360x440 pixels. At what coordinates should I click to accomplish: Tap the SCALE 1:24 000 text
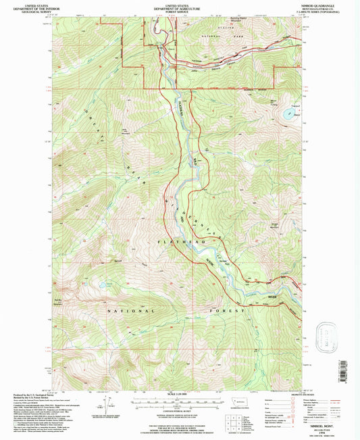(x=179, y=394)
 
